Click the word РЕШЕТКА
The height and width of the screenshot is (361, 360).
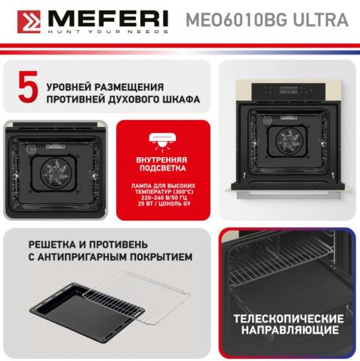[x=54, y=243]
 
